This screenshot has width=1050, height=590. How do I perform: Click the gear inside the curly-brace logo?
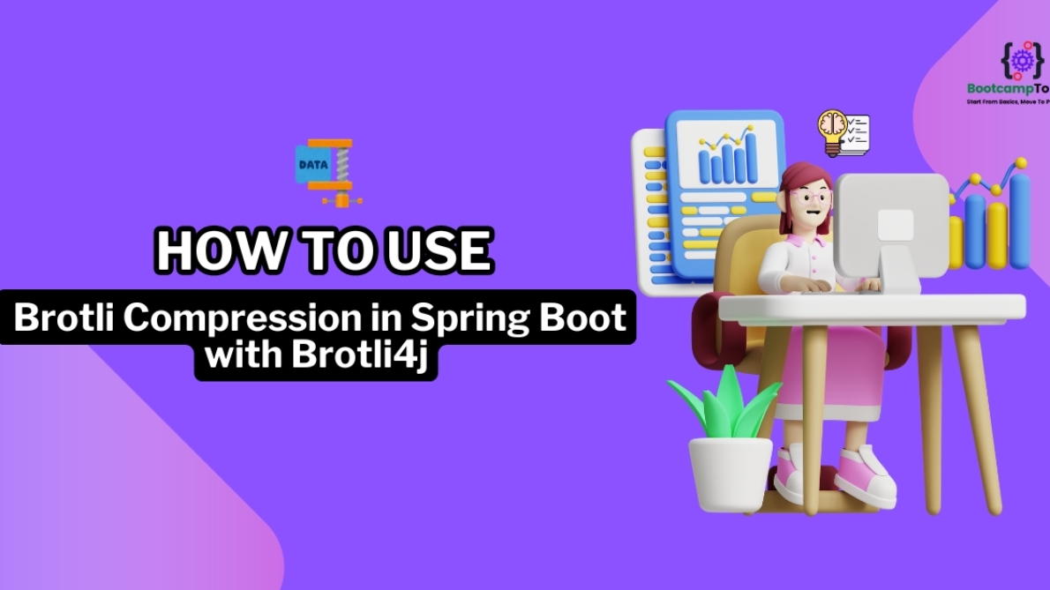click(1024, 60)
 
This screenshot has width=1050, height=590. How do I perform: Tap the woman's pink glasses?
click(806, 198)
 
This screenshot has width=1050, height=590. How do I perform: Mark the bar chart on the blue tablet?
click(725, 156)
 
